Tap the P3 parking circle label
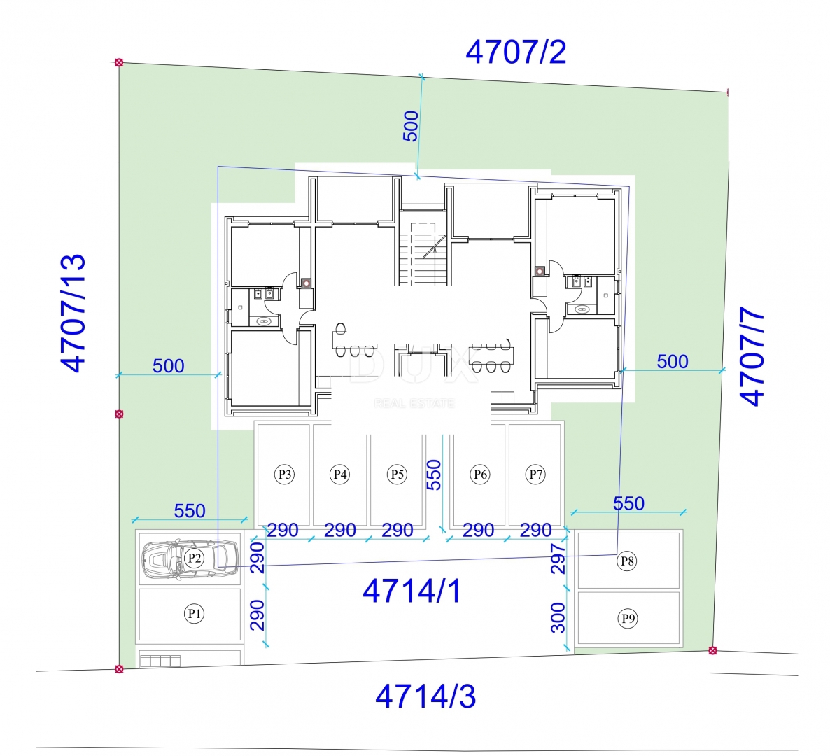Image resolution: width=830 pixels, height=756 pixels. [x=283, y=475]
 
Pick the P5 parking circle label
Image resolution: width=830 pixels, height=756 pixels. [x=397, y=475]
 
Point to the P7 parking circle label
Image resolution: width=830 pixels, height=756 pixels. [x=535, y=475]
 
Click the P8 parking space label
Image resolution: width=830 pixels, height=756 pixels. [x=627, y=560]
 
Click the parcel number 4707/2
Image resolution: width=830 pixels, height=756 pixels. [x=516, y=52]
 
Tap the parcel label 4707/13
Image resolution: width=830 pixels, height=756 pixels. [x=73, y=312]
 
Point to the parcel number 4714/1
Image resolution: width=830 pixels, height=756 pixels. [x=412, y=591]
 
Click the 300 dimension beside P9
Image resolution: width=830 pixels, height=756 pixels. [x=558, y=617]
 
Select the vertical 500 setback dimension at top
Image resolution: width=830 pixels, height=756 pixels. [x=411, y=126]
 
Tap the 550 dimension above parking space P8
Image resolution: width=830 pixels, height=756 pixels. [x=628, y=503]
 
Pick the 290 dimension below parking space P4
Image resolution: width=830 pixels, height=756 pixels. [x=340, y=530]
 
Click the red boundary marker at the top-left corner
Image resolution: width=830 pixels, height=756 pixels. [x=119, y=63]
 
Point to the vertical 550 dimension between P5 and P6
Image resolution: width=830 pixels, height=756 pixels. [x=434, y=474]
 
